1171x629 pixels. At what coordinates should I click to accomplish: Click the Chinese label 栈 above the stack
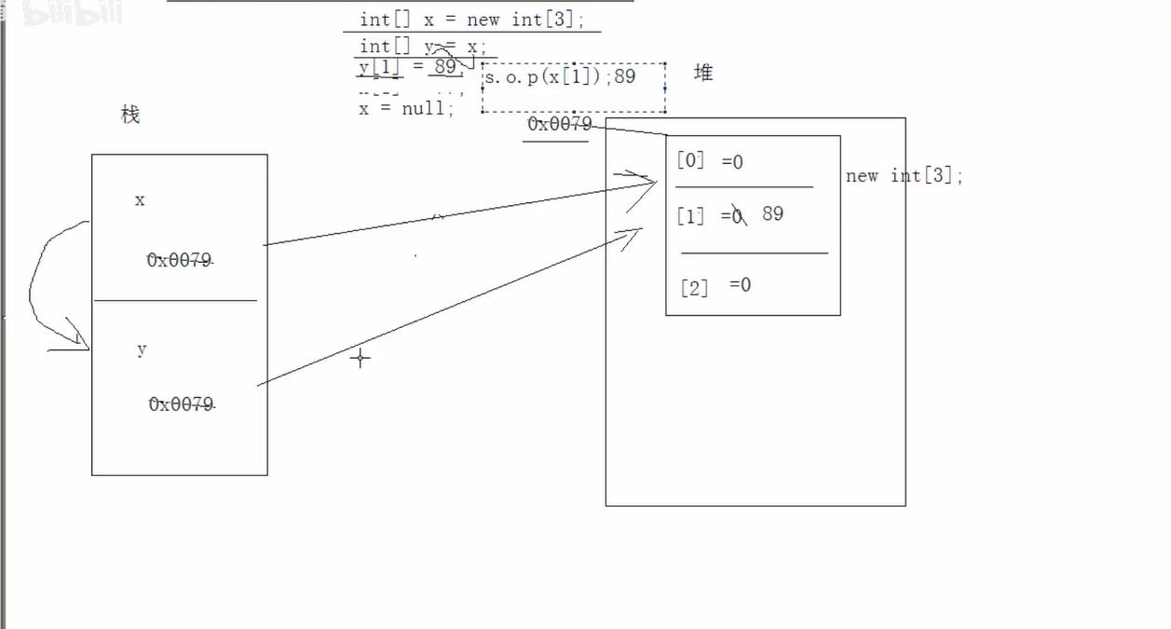[x=130, y=115]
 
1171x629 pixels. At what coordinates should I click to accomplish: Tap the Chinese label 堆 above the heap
[x=703, y=73]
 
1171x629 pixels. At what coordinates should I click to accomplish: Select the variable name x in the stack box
[x=140, y=200]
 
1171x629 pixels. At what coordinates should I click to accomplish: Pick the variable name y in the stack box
[x=142, y=349]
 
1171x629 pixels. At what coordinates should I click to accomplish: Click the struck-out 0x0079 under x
[x=179, y=261]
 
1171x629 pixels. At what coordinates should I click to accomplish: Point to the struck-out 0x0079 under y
[x=181, y=404]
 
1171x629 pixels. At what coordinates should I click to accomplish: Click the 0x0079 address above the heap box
[x=559, y=124]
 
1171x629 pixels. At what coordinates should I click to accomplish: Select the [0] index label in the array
[x=690, y=160]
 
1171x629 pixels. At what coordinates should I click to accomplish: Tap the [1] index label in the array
[x=690, y=216]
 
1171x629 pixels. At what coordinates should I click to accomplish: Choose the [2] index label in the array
[x=694, y=287]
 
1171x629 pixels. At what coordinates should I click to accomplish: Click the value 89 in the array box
[x=772, y=213]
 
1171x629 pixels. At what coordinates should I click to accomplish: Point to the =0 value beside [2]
[x=740, y=284]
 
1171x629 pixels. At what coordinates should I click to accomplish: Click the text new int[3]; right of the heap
[x=904, y=175]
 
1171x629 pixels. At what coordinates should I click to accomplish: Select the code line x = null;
[x=407, y=108]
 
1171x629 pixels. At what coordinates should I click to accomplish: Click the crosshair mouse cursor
[x=361, y=357]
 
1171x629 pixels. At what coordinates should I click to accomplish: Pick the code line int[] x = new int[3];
[x=471, y=20]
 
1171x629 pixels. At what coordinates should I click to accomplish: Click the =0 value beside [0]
[x=732, y=162]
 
